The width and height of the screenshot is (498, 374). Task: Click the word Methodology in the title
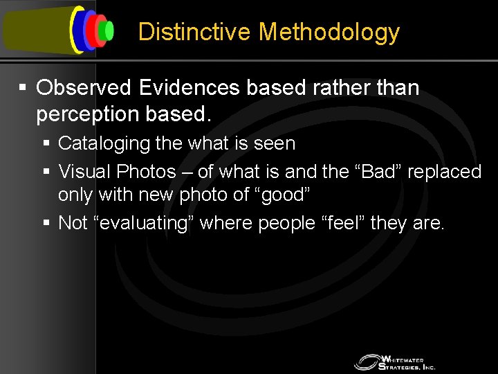[x=329, y=33]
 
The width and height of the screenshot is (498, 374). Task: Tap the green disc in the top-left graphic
[x=106, y=30]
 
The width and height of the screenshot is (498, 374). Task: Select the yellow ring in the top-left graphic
[x=74, y=30]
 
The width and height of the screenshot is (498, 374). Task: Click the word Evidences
[x=184, y=88]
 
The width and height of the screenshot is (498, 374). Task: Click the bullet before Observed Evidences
[x=24, y=88]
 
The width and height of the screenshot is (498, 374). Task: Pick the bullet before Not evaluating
[x=46, y=223]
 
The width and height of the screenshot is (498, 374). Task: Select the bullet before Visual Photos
[x=46, y=170]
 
